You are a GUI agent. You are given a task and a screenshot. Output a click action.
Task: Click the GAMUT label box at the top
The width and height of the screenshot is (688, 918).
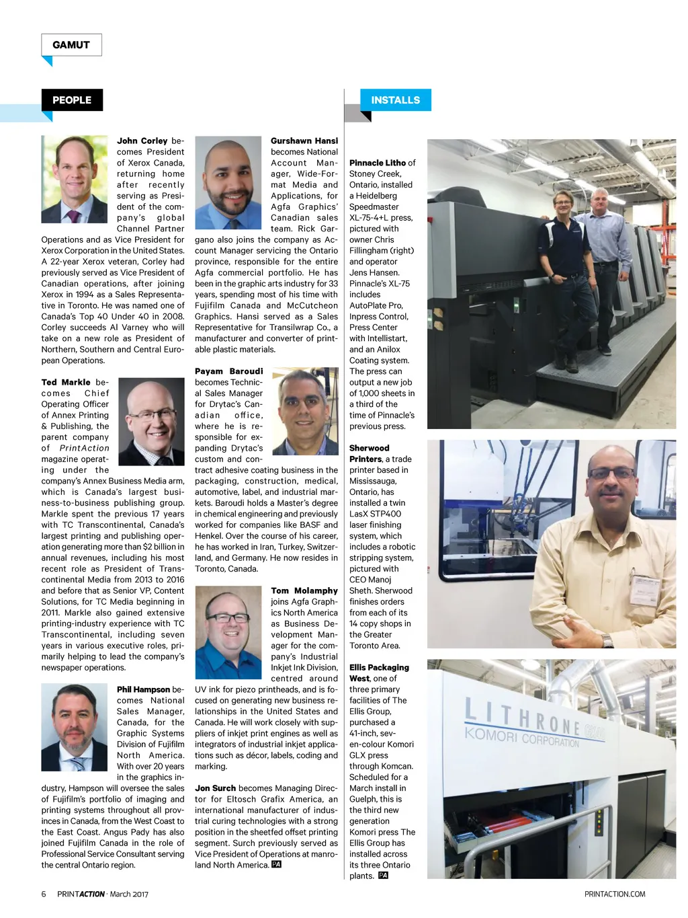click(71, 45)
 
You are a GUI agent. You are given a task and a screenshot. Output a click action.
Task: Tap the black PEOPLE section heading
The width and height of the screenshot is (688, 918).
click(72, 100)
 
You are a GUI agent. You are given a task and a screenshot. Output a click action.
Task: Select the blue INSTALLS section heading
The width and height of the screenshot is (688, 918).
click(395, 100)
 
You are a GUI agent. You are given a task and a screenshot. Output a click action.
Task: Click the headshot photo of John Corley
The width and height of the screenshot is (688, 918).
click(75, 180)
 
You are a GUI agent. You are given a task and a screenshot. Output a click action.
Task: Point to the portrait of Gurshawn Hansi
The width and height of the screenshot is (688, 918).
click(228, 183)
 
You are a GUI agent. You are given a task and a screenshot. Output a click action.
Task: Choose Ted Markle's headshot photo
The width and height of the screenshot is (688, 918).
click(151, 422)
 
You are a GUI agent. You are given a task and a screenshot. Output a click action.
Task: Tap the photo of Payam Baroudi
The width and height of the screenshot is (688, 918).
click(304, 411)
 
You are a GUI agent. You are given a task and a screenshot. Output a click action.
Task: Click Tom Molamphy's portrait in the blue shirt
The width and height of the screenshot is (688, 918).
click(228, 632)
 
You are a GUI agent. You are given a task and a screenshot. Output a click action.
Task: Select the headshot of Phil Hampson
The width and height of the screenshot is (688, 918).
click(75, 726)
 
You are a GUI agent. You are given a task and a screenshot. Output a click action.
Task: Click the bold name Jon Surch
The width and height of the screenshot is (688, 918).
click(216, 788)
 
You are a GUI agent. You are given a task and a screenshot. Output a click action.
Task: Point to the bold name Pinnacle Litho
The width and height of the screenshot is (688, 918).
click(378, 163)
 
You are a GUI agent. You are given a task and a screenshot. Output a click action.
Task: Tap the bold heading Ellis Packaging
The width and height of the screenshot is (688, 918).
click(379, 667)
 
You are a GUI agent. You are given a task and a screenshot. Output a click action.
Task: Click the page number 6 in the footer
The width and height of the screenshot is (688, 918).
click(44, 894)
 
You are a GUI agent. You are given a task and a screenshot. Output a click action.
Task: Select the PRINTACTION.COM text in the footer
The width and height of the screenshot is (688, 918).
click(615, 894)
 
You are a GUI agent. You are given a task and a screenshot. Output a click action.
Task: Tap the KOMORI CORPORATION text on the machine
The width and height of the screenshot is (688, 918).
click(521, 738)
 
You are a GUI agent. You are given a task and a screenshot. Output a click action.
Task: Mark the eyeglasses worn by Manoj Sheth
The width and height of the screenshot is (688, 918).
click(611, 473)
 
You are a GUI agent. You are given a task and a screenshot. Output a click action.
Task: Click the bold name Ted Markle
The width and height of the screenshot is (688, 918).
click(66, 382)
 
